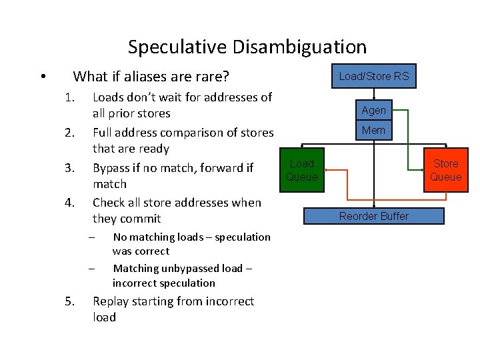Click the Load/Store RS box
point(373,77)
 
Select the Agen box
point(373,111)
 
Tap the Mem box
point(373,131)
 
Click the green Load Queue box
point(301,171)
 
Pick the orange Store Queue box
point(445,171)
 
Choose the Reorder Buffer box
point(373,216)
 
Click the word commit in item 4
point(141,219)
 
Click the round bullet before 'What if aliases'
point(42,77)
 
